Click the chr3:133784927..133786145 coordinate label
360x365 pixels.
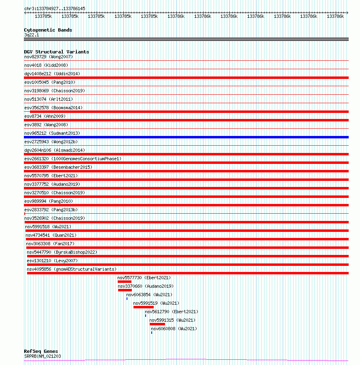tap(55, 8)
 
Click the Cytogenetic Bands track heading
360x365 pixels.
tap(48, 30)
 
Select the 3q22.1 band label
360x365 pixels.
tap(32, 35)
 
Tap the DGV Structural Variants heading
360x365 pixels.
tap(56, 52)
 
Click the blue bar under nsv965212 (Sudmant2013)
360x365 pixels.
tap(186, 137)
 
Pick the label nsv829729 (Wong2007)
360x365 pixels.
tap(49, 57)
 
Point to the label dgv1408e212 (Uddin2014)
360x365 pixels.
tap(52, 74)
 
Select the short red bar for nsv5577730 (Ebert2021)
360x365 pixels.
tap(125, 282)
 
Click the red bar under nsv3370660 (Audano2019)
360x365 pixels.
tap(125, 290)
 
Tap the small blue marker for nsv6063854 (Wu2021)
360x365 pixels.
tap(127, 299)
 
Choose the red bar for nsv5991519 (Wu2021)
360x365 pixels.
tap(144, 307)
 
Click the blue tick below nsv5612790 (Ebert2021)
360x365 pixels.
tap(146, 315)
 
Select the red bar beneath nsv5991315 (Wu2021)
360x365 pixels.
tap(157, 324)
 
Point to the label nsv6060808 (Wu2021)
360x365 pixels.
tap(174, 329)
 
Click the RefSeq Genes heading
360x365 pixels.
tap(41, 351)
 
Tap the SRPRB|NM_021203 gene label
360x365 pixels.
tap(42, 356)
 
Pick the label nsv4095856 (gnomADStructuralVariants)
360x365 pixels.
tap(72, 269)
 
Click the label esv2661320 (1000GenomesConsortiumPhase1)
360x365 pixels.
tap(73, 159)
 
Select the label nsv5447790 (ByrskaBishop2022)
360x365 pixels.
tap(62, 252)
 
